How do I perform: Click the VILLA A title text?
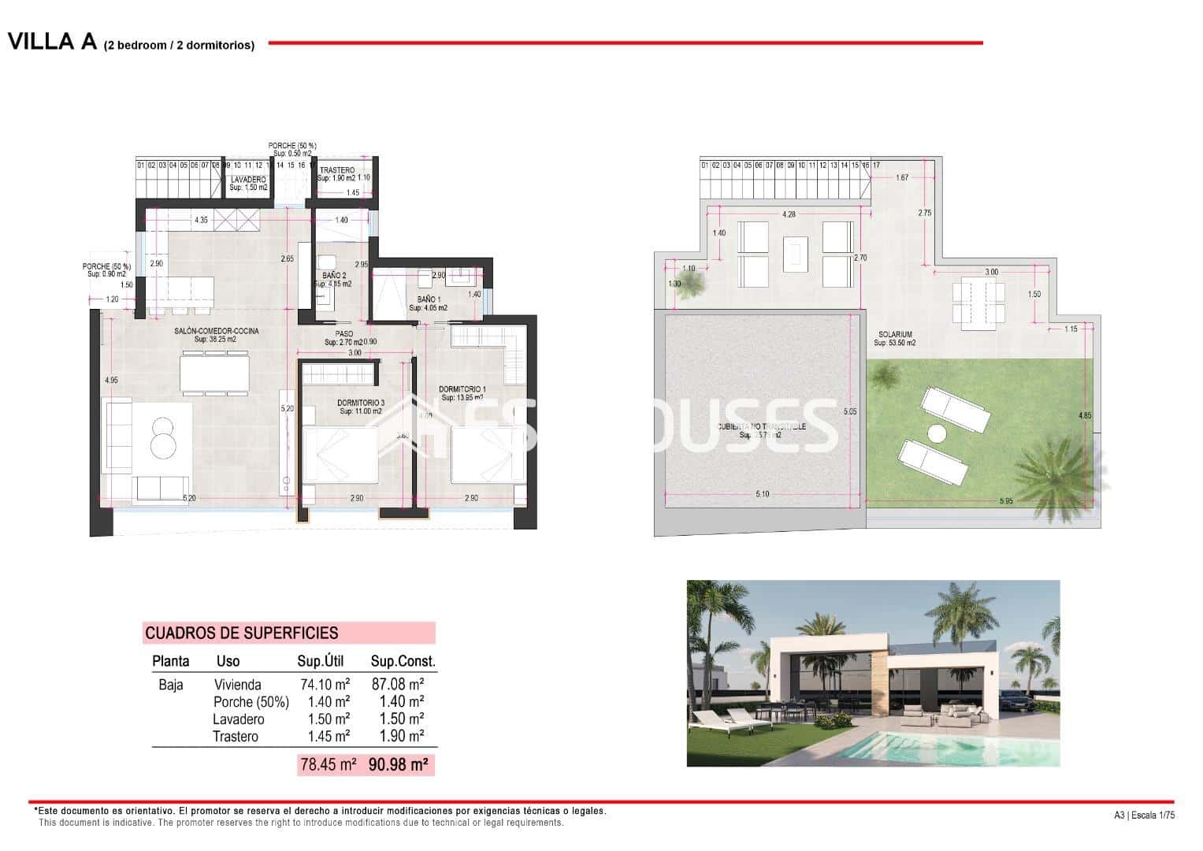(52, 42)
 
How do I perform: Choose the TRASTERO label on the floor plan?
(337, 170)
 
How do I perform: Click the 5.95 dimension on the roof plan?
(1006, 502)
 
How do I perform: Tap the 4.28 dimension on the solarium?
(789, 214)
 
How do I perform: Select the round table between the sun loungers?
(938, 433)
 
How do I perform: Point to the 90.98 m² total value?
(398, 764)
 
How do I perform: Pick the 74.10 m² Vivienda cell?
(325, 684)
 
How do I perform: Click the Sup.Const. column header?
(403, 661)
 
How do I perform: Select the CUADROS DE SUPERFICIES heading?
(241, 633)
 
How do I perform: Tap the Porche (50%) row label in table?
(251, 701)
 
